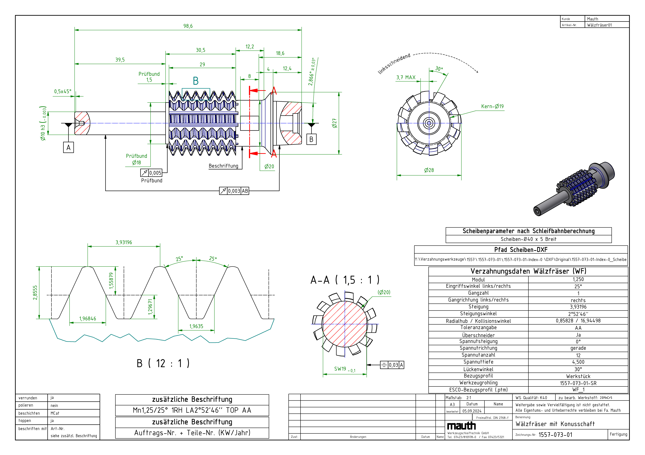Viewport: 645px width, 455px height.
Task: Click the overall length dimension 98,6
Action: (x=188, y=26)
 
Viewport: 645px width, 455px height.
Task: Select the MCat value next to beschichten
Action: (x=55, y=413)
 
